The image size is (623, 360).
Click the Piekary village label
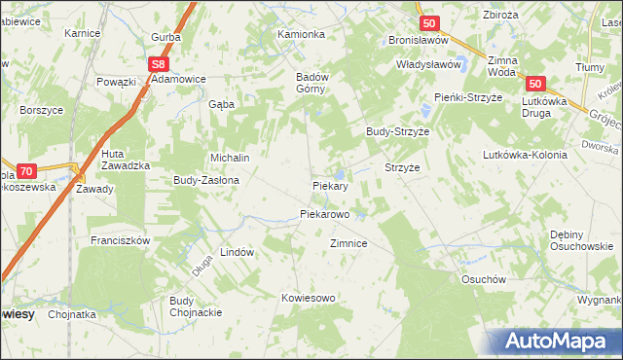(330, 184)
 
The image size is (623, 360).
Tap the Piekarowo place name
(324, 213)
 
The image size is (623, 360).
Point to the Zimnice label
(348, 243)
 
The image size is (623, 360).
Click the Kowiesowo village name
(308, 297)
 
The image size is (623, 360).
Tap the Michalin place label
(231, 158)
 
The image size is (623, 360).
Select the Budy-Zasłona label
(207, 180)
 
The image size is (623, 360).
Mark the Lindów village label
(237, 252)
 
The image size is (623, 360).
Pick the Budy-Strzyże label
(397, 131)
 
